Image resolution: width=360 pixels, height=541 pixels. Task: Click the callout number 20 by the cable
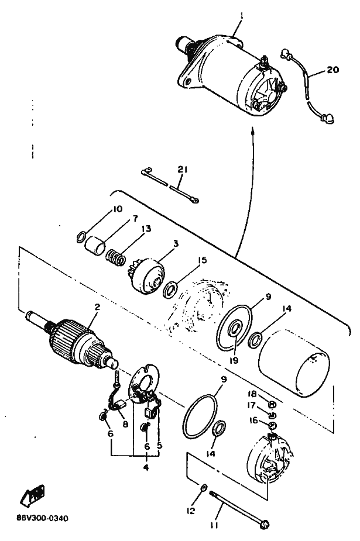pos(332,70)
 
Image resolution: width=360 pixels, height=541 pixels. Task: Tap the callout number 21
pos(183,170)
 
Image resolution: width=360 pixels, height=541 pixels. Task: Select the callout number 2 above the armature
pos(97,307)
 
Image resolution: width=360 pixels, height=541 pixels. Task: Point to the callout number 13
pos(146,229)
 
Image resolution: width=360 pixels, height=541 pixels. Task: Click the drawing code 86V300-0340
pos(42,518)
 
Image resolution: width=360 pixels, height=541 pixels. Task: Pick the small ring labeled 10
pos(80,237)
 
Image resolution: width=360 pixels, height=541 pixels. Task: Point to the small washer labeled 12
pos(204,488)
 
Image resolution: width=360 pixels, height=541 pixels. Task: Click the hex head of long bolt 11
pos(265,525)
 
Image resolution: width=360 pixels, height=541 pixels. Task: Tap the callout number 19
pos(234,360)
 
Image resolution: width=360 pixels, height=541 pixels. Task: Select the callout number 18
pos(252,394)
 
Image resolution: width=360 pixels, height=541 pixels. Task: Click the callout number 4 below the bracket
pos(146,468)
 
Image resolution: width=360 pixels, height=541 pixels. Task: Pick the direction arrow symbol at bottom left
pos(33,494)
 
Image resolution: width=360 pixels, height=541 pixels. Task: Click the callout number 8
pos(125,423)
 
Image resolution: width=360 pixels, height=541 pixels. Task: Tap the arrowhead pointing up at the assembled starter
pos(253,131)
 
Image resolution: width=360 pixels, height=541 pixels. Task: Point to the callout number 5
pos(159,446)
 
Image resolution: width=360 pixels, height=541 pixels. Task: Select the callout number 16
pos(253,420)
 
